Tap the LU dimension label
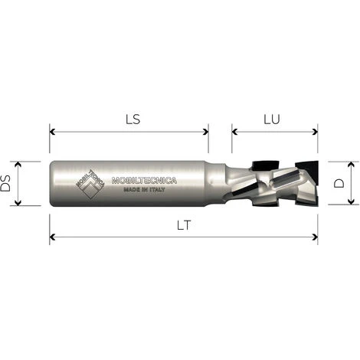click(x=273, y=119)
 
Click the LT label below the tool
click(x=182, y=227)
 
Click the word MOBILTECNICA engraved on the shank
click(x=145, y=181)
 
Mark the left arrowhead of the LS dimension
click(x=53, y=131)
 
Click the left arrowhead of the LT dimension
click(x=53, y=237)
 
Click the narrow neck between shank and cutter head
click(x=219, y=184)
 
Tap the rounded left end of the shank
click(x=54, y=184)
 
